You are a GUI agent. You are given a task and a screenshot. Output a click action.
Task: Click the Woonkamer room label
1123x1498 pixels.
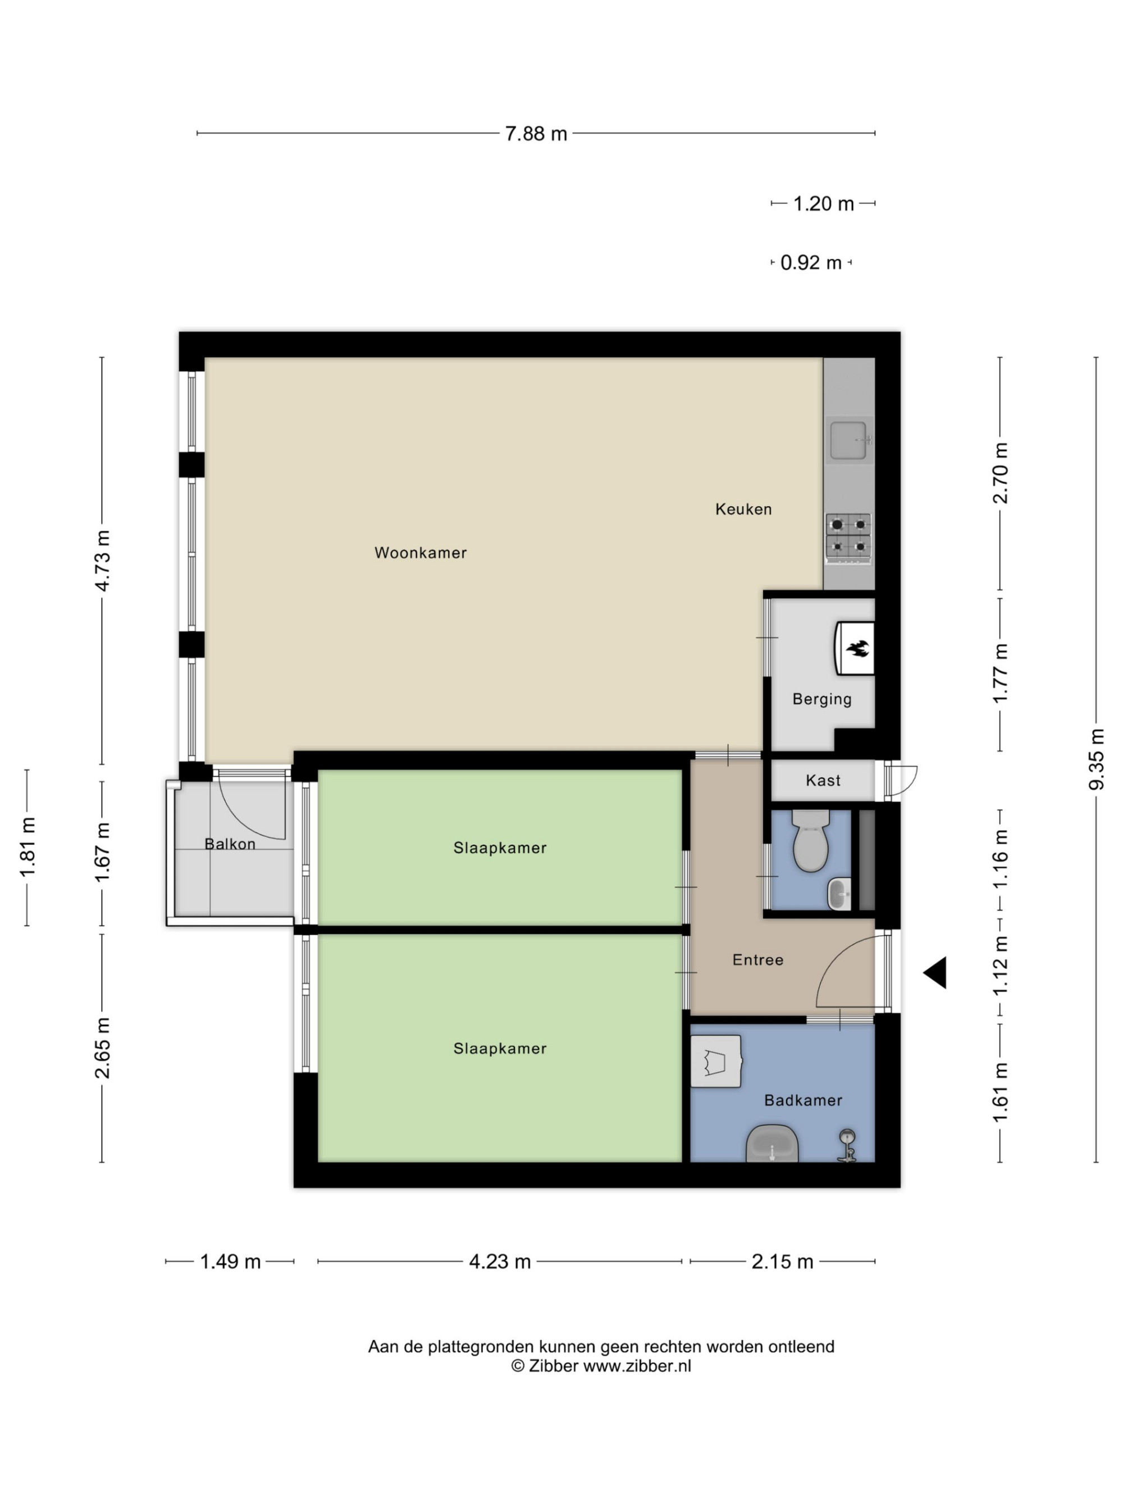click(421, 553)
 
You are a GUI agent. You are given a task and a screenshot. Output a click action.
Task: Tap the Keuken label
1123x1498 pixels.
click(743, 509)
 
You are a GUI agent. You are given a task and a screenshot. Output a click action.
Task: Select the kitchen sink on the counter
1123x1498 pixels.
click(848, 440)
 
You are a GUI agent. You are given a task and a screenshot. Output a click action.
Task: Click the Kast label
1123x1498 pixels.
click(823, 780)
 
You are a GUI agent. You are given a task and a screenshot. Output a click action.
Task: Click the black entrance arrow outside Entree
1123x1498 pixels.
click(935, 972)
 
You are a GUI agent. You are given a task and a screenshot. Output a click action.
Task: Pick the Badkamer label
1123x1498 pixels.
click(803, 1100)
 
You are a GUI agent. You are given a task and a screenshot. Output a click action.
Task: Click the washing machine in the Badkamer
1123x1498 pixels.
click(716, 1061)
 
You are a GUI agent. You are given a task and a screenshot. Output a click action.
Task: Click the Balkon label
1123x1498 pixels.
click(230, 844)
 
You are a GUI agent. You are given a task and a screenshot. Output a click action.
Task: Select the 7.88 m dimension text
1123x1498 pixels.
click(536, 134)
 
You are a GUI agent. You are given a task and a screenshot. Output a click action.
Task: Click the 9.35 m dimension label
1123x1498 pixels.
click(1096, 759)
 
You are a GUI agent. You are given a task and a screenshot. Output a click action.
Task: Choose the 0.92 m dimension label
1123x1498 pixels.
click(811, 263)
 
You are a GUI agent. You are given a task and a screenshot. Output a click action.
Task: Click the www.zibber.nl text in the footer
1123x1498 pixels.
click(637, 1366)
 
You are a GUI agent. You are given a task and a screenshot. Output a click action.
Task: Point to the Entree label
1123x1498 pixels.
click(757, 959)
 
